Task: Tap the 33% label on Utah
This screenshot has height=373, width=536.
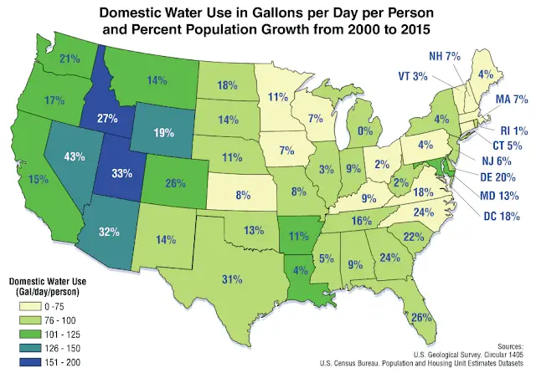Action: pos(123,176)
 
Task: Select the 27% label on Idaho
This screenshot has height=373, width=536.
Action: pos(106,118)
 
